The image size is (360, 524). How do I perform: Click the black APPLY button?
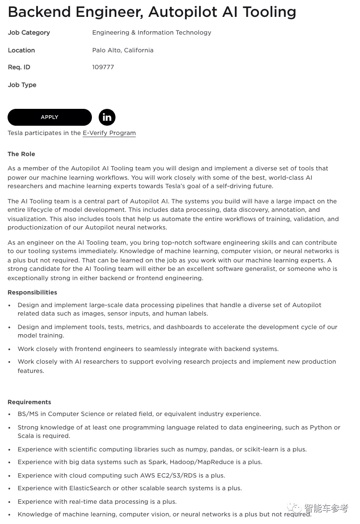click(x=50, y=117)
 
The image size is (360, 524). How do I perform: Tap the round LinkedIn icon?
click(x=107, y=117)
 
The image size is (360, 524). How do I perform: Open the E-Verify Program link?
click(x=109, y=133)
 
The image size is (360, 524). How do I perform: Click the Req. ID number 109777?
click(x=103, y=67)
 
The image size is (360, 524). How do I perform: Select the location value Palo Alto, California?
click(x=123, y=50)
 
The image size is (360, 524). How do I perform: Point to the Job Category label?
click(x=29, y=32)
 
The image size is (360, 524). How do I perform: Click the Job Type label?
click(x=22, y=85)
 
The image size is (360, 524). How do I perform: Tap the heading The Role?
click(x=21, y=154)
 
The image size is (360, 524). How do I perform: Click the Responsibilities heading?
click(x=32, y=292)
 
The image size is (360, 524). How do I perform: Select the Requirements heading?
click(x=29, y=402)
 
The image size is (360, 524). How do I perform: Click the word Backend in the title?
click(x=39, y=12)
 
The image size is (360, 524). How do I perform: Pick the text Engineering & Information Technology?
click(x=152, y=32)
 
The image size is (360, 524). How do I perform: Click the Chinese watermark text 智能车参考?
click(x=326, y=508)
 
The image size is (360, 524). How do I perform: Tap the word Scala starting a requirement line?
click(x=26, y=436)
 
